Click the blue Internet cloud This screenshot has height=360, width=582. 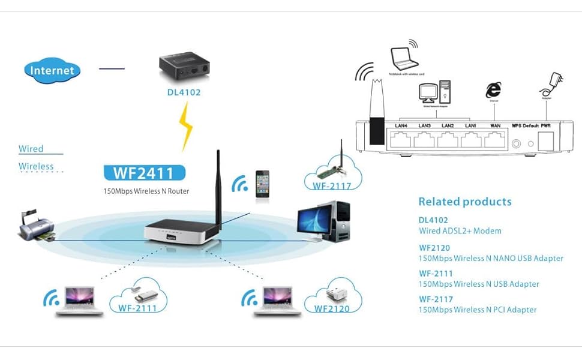click(x=52, y=70)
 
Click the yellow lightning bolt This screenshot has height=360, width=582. click(x=188, y=125)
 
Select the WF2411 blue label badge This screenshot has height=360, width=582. click(x=144, y=173)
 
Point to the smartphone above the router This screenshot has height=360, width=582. click(x=262, y=184)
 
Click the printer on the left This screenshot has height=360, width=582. click(x=35, y=224)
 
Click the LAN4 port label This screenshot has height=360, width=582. click(x=401, y=125)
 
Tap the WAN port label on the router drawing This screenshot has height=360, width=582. click(x=496, y=125)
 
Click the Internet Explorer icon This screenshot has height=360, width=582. click(x=493, y=91)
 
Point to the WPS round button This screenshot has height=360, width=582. click(x=516, y=143)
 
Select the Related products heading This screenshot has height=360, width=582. click(x=465, y=202)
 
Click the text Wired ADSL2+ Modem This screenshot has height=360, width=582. click(x=460, y=230)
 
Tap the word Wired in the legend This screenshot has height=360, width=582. click(x=31, y=149)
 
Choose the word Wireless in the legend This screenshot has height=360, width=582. click(x=36, y=166)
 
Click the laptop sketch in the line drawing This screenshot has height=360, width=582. click(x=404, y=58)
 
